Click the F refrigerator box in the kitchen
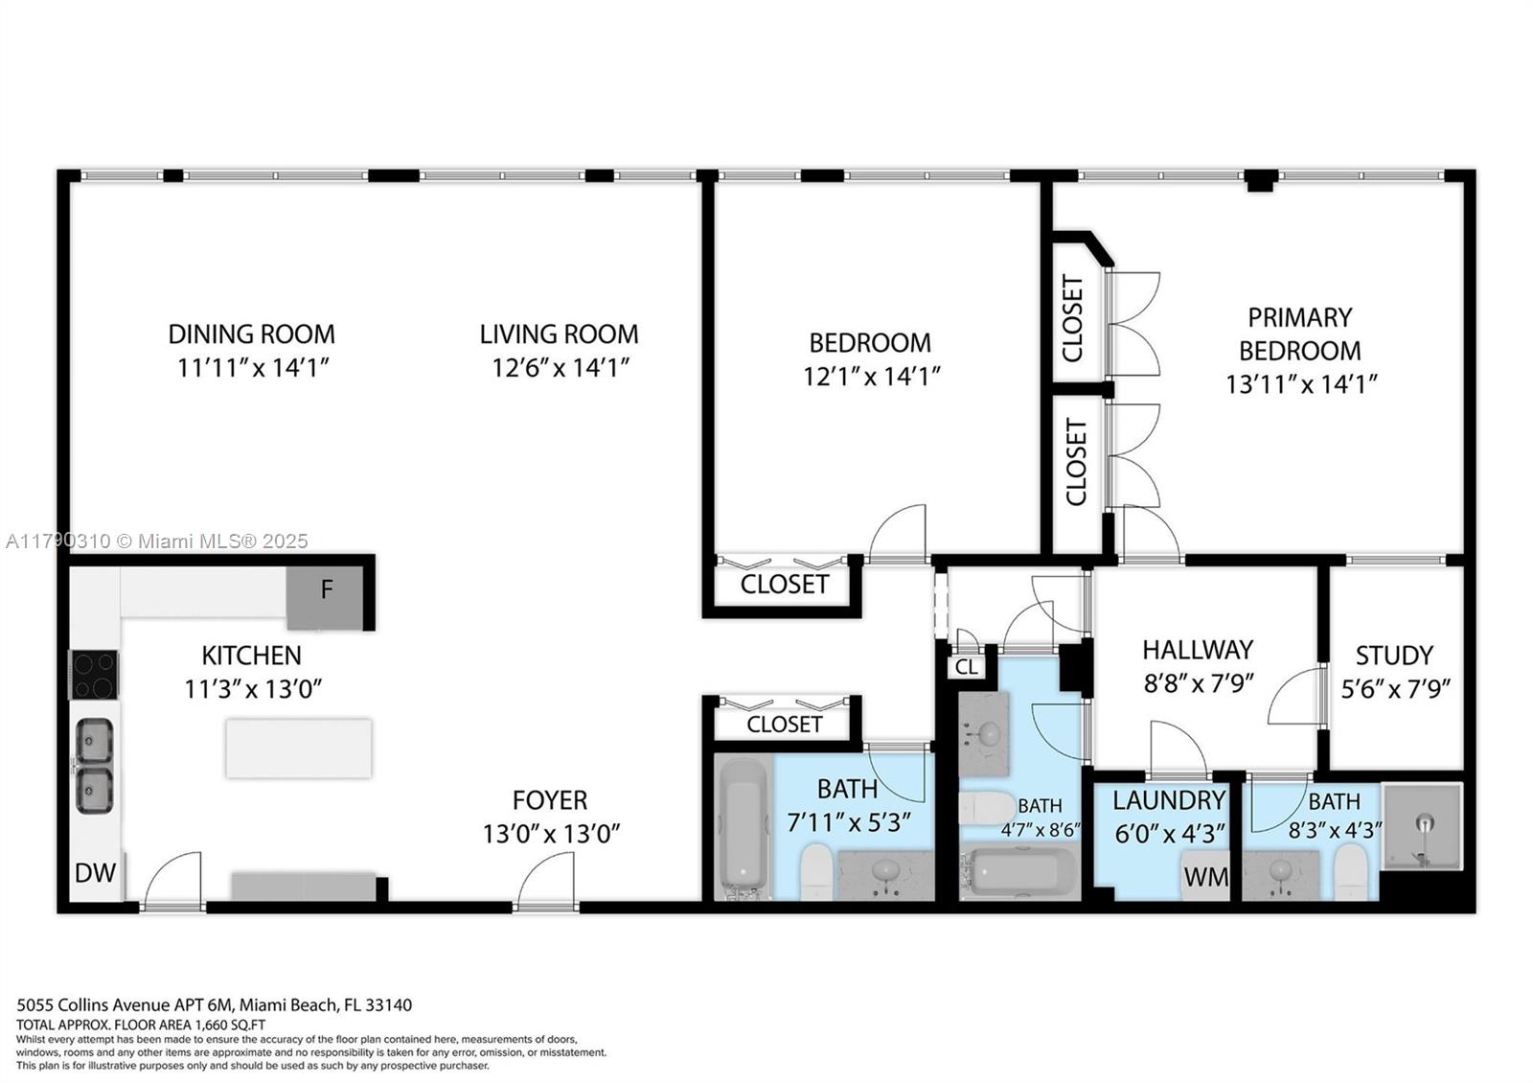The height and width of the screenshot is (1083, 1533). [x=326, y=596]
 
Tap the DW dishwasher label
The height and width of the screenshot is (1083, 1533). [x=96, y=872]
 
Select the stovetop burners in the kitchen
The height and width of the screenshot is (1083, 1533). [x=94, y=674]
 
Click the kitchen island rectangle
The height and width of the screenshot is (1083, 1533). [x=298, y=748]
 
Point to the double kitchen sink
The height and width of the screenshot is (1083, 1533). [x=94, y=766]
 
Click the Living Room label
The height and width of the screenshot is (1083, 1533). [x=559, y=334]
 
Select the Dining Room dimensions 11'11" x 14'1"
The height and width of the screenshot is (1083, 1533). [x=253, y=368]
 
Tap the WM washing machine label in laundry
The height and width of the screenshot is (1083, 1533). [x=1205, y=877]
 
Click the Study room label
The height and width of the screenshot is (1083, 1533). [x=1394, y=656]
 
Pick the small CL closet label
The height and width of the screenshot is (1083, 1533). [x=967, y=666]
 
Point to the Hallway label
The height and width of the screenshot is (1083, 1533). [x=1197, y=650]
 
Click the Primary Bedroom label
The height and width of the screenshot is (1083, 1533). [x=1299, y=334]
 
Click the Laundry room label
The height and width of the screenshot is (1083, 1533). [x=1169, y=800]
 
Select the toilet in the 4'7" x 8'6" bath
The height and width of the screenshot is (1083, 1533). [x=984, y=807]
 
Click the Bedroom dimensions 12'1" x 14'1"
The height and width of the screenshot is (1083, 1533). [x=871, y=377]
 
